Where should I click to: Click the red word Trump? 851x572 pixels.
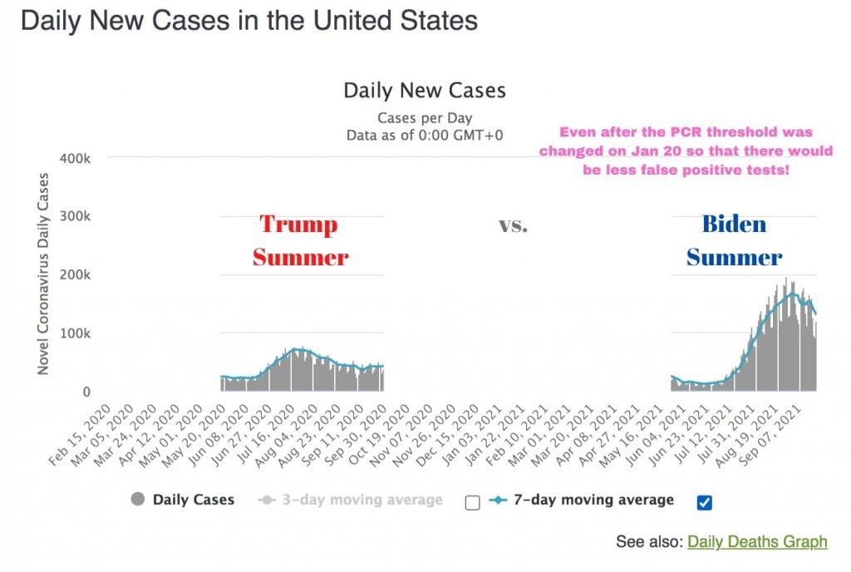(299, 224)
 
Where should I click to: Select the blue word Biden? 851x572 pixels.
(734, 224)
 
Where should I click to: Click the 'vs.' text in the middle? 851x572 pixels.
(513, 225)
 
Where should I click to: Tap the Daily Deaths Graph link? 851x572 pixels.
(757, 542)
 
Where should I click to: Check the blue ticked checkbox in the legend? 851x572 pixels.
(705, 501)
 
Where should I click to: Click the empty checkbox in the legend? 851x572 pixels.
(473, 501)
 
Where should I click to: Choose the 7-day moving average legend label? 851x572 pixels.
(593, 500)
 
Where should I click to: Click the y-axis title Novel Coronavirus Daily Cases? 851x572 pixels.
(43, 274)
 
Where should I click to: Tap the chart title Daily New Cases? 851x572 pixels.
(425, 90)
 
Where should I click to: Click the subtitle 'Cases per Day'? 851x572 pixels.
(425, 118)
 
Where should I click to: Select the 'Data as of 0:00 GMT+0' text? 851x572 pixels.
(425, 135)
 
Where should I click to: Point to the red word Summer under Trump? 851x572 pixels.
(301, 258)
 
